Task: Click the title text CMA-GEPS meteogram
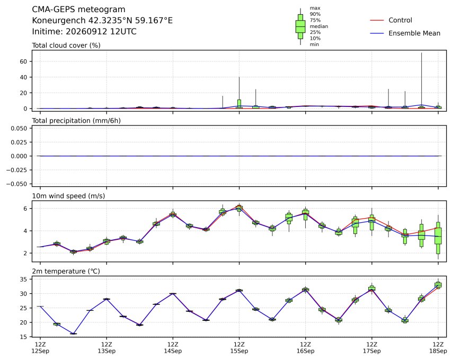tap(78, 10)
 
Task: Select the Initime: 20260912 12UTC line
tap(84, 31)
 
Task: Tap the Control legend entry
tap(391, 20)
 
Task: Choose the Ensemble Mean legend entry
tap(405, 33)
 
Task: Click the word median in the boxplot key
tap(319, 26)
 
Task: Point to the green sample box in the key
tap(300, 26)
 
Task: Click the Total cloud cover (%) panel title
tap(66, 46)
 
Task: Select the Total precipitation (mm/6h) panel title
tap(76, 121)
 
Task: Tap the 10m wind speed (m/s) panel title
tap(68, 196)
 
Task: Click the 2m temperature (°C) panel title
tap(66, 272)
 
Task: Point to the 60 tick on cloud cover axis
tap(23, 61)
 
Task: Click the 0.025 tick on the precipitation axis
tap(19, 142)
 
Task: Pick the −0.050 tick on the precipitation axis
tap(17, 184)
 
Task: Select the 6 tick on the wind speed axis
tap(25, 209)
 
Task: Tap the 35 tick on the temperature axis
tap(23, 280)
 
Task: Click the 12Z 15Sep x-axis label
tap(239, 348)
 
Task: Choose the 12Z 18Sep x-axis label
tap(438, 348)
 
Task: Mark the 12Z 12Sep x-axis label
tap(40, 348)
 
